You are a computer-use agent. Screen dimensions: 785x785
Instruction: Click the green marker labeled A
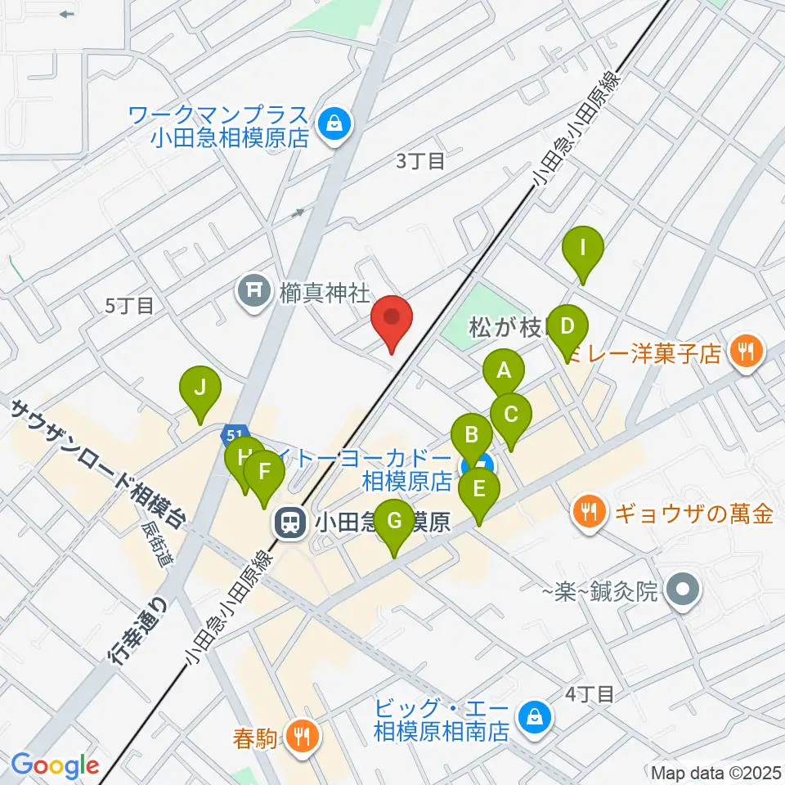click(504, 373)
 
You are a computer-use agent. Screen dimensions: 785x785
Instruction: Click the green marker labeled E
click(479, 491)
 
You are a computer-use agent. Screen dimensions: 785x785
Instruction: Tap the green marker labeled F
click(263, 473)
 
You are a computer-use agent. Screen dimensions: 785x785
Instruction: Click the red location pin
click(392, 319)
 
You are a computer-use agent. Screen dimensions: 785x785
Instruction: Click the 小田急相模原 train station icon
click(289, 521)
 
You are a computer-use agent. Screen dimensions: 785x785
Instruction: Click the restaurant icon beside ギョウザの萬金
click(590, 514)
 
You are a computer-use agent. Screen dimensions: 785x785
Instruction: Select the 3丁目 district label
click(420, 161)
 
